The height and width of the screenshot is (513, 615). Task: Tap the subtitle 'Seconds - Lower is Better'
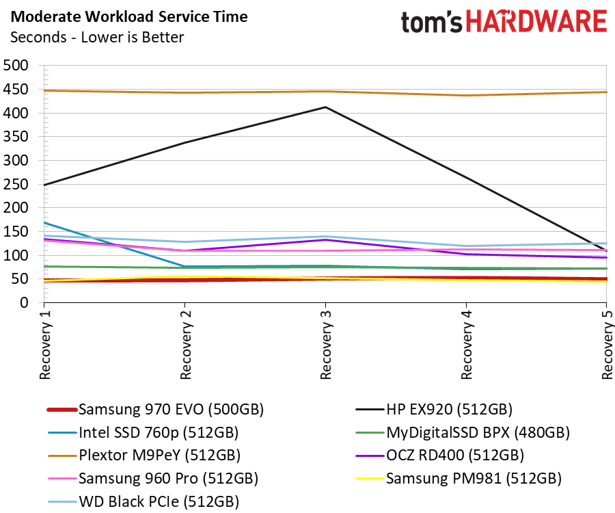point(96,37)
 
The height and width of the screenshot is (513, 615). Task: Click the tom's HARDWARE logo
point(503,22)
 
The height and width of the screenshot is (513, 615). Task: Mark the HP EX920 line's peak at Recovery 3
point(325,107)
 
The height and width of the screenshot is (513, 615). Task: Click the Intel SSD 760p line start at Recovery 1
point(44,223)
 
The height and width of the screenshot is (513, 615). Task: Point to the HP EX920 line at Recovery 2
point(184,142)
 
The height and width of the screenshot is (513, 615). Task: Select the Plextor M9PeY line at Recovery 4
point(466,95)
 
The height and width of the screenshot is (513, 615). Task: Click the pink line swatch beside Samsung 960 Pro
point(61,478)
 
